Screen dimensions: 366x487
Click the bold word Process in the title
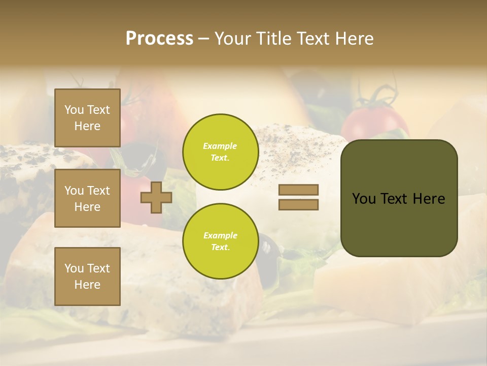click(159, 39)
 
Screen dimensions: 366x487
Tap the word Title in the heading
click(273, 39)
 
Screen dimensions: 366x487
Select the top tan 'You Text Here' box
click(87, 118)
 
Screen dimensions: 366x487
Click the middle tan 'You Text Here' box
click(87, 198)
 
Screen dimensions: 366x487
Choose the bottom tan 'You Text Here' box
click(87, 276)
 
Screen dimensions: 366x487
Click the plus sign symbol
click(156, 197)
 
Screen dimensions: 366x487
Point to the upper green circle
click(220, 152)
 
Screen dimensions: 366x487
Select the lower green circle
click(220, 241)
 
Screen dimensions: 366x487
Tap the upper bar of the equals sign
click(298, 190)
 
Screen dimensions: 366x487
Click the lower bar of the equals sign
click(298, 205)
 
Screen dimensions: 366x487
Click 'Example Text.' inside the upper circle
click(220, 152)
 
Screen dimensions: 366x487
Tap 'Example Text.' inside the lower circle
click(220, 241)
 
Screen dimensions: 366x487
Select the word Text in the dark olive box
click(394, 199)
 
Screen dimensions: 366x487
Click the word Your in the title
click(233, 39)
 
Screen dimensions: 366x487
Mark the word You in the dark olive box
click(363, 199)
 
